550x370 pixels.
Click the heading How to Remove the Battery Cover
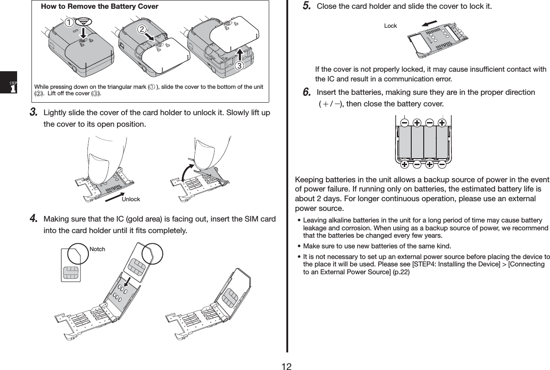tap(99, 7)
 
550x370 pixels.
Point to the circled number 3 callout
tap(239, 66)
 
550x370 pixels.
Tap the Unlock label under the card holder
tap(131, 199)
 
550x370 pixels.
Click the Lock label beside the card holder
tap(390, 26)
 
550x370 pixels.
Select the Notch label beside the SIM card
tap(97, 249)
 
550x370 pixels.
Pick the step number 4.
tap(33, 218)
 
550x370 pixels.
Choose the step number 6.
tap(306, 92)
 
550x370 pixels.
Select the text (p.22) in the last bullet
tap(401, 272)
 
